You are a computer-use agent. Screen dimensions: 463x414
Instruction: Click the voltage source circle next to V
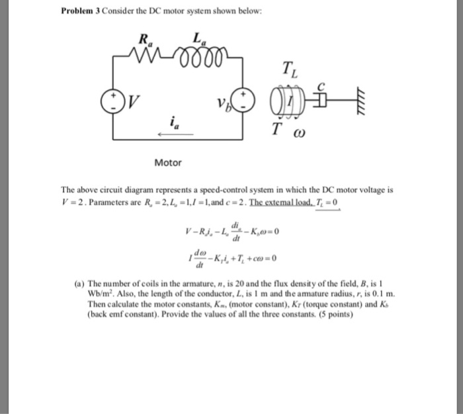tap(122, 102)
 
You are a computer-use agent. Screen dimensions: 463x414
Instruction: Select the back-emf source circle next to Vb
tap(245, 102)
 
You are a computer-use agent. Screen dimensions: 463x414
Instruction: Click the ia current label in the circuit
tap(173, 123)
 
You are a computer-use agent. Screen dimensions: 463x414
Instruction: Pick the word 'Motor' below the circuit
tap(167, 162)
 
